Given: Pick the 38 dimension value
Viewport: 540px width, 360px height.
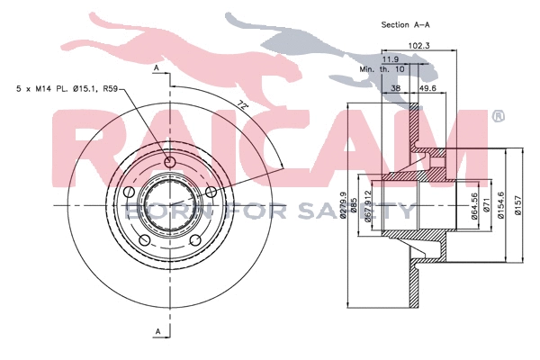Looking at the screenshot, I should pos(395,90).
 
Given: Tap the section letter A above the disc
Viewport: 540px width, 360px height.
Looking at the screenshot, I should pos(157,68).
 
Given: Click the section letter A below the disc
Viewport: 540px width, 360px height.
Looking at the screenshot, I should pos(157,333).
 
